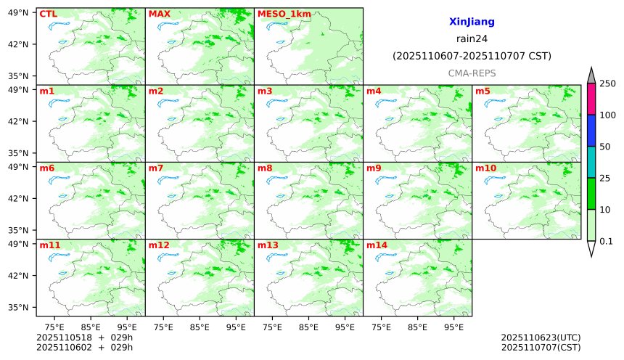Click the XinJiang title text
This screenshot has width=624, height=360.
(x=472, y=22)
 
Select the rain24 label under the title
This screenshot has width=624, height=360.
(x=472, y=39)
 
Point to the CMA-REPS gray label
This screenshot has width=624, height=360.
(x=472, y=73)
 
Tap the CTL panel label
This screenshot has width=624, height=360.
(x=48, y=14)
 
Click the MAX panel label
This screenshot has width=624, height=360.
(x=159, y=14)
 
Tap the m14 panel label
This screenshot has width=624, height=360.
(x=377, y=245)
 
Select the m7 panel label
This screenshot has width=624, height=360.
(x=156, y=168)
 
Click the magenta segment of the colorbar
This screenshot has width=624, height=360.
(x=591, y=99)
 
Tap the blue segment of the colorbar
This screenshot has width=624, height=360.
(x=591, y=130)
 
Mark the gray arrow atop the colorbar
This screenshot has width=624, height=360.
(x=591, y=75)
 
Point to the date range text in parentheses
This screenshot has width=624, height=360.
(x=472, y=56)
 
